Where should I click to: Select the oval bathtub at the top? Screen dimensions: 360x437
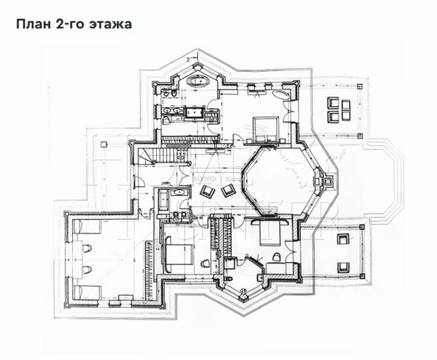click(196, 81)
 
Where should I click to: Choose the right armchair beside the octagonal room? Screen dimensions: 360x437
click(228, 191)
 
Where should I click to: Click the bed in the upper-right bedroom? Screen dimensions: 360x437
click(264, 127)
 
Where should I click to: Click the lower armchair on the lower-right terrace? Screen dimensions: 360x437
click(344, 266)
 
